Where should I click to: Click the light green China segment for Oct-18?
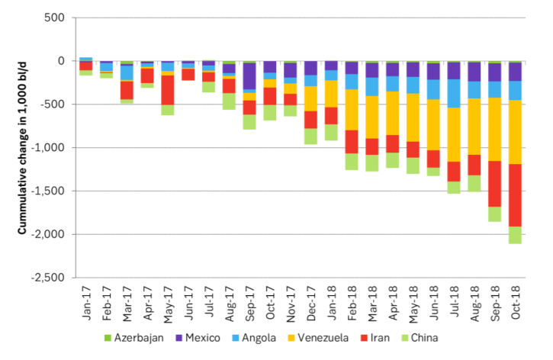516,235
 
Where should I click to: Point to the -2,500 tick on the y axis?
53,278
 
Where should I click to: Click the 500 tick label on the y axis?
59,18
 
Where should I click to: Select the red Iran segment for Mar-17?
127,89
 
